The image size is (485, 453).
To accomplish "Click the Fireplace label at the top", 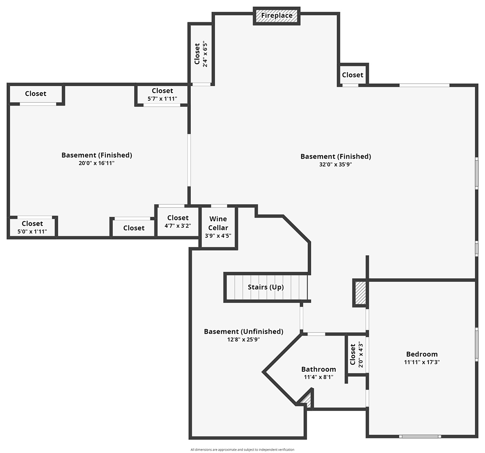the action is [277, 15].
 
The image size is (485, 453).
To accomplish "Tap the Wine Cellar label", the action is [218, 223].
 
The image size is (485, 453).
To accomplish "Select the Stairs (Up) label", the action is [266, 287].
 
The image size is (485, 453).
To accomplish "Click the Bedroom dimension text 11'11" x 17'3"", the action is [422, 362].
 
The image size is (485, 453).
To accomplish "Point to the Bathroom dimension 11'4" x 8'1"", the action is [318, 377].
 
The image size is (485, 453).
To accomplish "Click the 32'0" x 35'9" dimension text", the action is [335, 164].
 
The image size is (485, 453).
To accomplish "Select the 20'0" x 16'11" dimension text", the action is [97, 163].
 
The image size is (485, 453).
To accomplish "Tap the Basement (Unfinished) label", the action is [243, 332].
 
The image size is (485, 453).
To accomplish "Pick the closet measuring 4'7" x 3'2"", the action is [178, 222].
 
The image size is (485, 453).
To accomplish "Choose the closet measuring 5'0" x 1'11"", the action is [32, 227].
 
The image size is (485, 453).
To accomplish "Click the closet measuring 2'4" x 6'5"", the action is [201, 54].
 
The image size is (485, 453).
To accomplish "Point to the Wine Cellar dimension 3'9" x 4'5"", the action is [218, 236].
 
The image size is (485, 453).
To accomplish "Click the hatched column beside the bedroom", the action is [360, 293].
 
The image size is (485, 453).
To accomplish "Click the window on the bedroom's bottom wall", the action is [420, 436].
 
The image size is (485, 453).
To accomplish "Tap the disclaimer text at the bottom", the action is [242, 449].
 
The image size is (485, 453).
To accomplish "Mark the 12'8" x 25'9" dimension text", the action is [243, 339].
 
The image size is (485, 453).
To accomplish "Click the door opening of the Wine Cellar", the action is [219, 206].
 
